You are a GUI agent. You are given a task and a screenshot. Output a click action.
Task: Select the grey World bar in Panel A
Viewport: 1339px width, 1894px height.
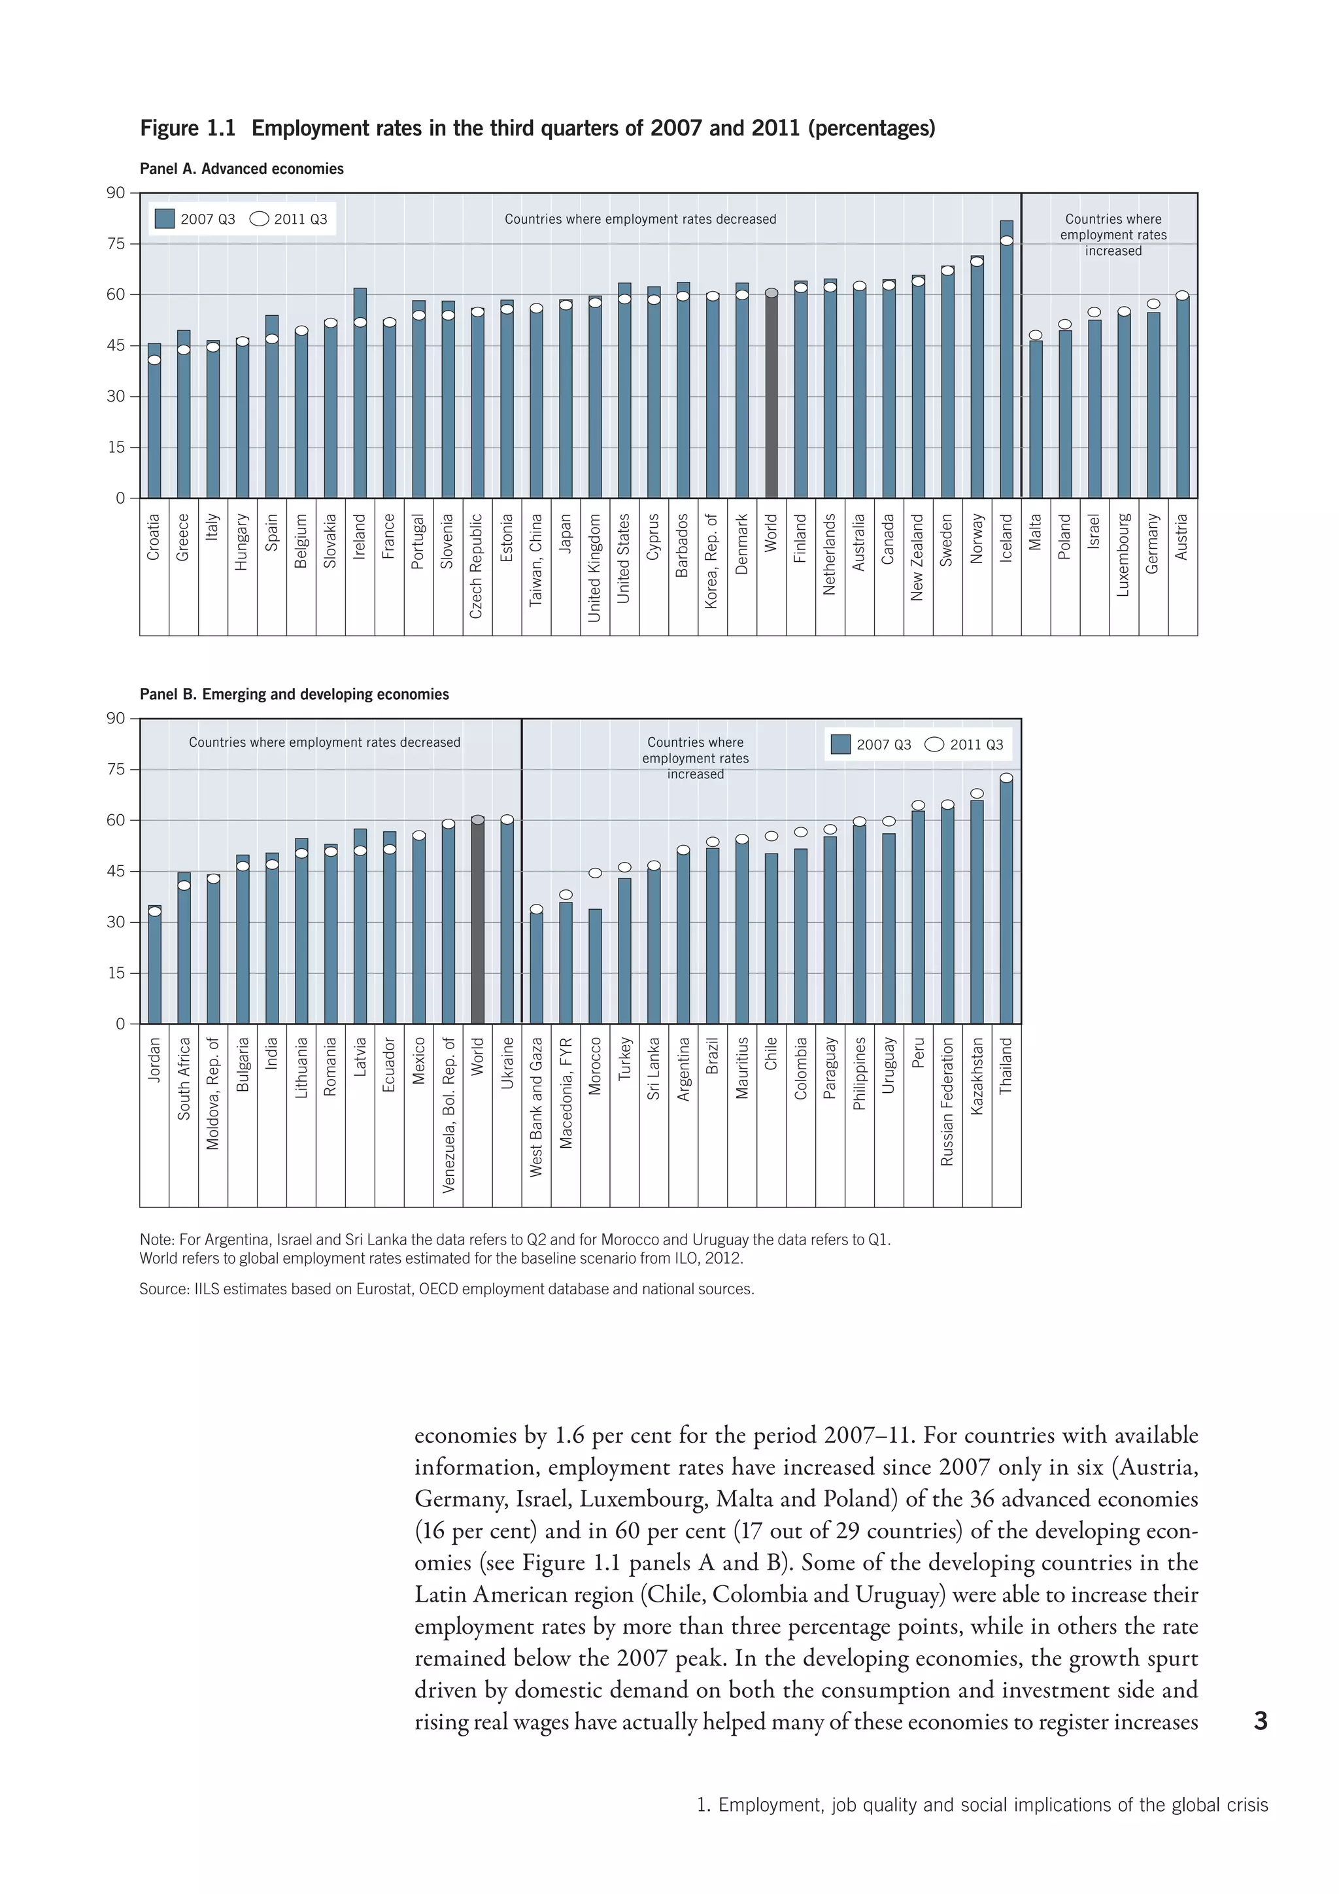point(771,396)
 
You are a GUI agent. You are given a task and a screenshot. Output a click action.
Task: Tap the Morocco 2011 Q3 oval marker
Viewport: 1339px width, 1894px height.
point(596,872)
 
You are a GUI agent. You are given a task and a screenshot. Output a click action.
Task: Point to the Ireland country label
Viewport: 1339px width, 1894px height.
point(360,537)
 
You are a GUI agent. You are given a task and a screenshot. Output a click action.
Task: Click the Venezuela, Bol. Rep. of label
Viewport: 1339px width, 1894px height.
point(449,1114)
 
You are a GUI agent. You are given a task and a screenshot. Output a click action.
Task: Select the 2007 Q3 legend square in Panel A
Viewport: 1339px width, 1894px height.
point(165,218)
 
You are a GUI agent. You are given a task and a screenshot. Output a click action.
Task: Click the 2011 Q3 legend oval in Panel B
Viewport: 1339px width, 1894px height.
point(934,744)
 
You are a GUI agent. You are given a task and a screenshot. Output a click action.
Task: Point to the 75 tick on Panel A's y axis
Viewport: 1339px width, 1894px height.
point(116,243)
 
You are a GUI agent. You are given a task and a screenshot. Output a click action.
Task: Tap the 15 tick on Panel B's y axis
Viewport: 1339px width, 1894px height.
point(116,973)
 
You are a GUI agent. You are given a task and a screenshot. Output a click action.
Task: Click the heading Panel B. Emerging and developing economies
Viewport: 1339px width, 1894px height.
point(294,694)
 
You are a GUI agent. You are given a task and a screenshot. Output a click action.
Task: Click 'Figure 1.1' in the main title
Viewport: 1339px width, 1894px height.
point(188,129)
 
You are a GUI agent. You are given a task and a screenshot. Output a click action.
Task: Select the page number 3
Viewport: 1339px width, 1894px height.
point(1260,1721)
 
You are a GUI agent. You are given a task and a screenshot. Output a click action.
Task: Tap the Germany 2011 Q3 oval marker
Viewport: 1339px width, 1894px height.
point(1153,304)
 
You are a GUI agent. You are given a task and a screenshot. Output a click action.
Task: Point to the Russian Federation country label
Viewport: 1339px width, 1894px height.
point(947,1101)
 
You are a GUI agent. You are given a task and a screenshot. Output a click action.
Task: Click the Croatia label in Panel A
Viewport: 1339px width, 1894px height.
point(154,537)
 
